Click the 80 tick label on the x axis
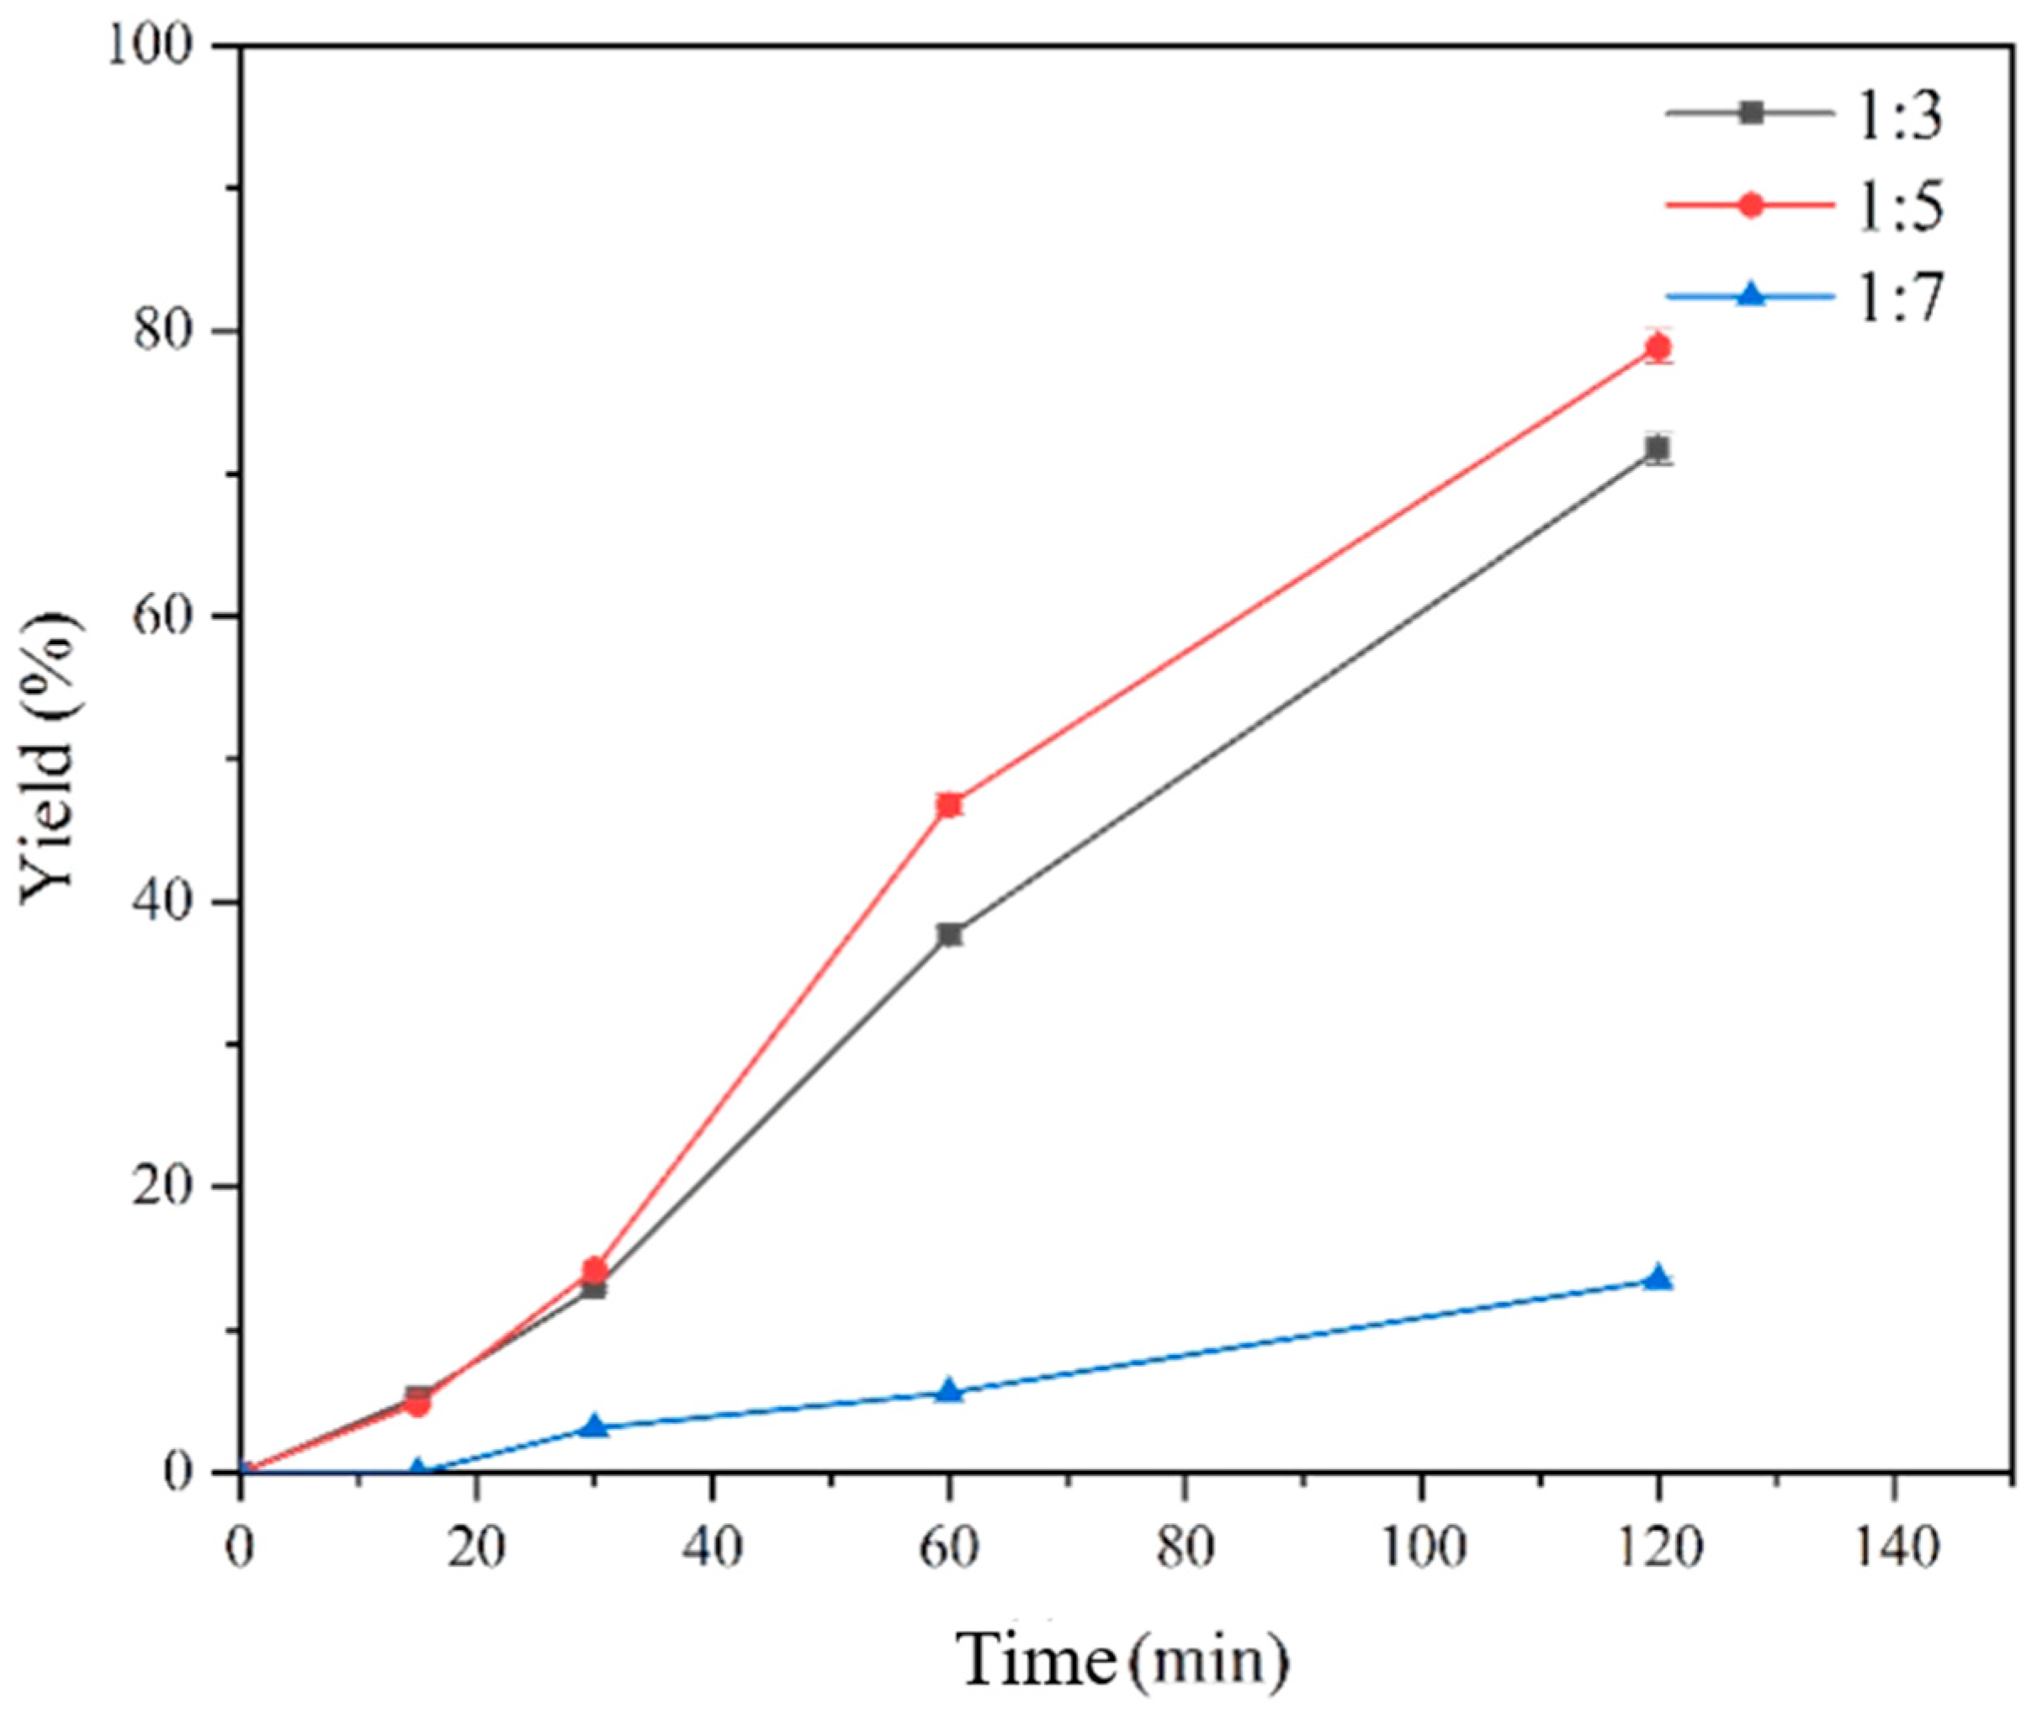(x=1184, y=1548)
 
